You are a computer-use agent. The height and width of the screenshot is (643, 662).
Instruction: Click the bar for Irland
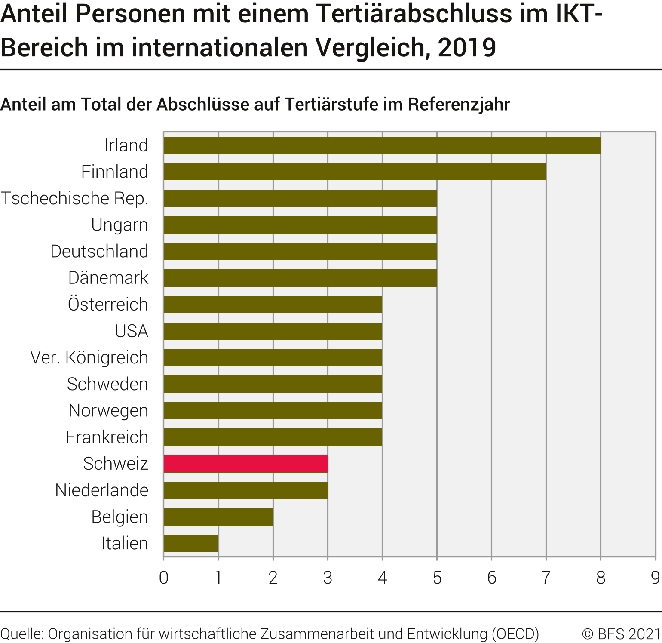coord(382,145)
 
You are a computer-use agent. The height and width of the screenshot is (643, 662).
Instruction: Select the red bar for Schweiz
coord(245,464)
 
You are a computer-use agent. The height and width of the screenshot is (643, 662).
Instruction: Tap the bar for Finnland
coord(355,172)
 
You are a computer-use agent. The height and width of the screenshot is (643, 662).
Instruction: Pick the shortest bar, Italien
coord(191,543)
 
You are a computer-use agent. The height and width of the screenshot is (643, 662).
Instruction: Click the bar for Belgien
coord(218,517)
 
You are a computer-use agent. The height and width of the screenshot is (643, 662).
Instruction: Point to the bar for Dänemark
coord(300,278)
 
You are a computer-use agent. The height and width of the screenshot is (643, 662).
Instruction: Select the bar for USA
coord(273,331)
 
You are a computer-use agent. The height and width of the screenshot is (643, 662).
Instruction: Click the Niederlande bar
coord(245,490)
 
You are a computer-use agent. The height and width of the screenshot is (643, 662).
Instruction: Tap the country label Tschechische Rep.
coord(74,199)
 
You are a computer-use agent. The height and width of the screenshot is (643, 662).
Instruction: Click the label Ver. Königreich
coord(89,358)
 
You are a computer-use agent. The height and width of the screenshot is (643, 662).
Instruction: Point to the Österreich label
coord(108,305)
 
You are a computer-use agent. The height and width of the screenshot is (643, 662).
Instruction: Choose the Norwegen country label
coord(108,411)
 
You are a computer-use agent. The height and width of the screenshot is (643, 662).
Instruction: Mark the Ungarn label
coord(120,225)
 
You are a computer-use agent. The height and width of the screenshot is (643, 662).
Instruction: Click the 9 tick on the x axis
coord(655,578)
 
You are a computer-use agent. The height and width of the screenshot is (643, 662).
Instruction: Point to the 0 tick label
coord(164,578)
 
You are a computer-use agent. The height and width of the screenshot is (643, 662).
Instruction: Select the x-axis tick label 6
coord(492,578)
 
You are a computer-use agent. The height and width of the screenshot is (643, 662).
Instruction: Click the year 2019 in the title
coord(467,47)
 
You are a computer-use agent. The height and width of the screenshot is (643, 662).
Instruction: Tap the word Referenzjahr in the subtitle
coord(459,105)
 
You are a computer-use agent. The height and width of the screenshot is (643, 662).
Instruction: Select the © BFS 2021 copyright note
coord(621,634)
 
